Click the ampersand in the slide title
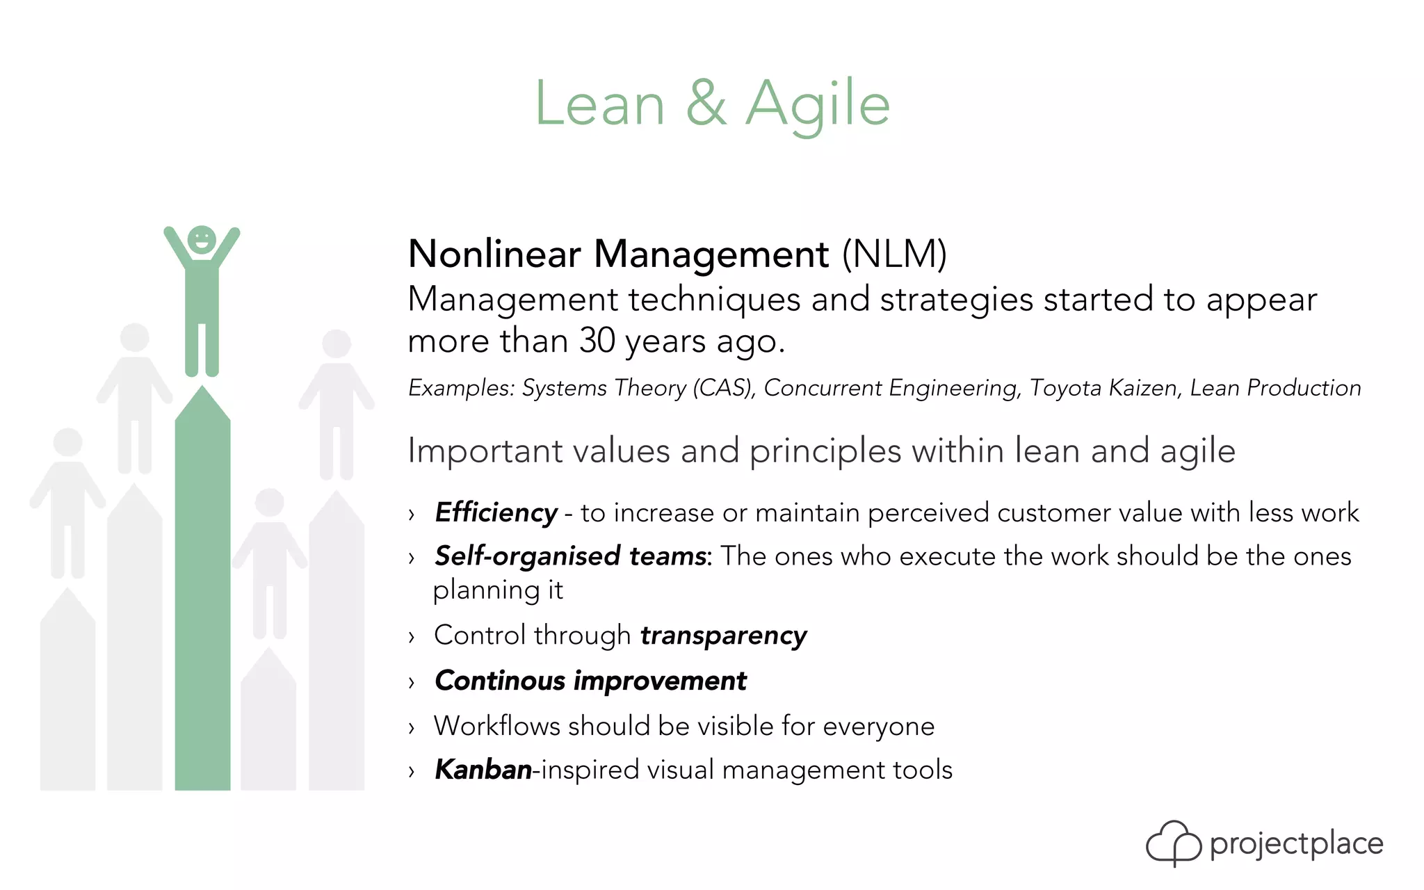point(706,104)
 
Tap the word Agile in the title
point(818,104)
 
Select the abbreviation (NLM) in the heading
point(894,254)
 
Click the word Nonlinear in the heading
point(494,254)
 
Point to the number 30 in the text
point(597,341)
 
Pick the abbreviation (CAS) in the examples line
point(723,388)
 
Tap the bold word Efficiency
point(496,513)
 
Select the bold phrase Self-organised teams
point(570,556)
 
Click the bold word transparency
point(723,636)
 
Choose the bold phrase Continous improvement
point(590,681)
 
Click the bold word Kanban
point(483,770)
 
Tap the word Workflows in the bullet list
point(496,726)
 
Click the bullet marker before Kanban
point(412,771)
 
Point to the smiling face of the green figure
point(202,240)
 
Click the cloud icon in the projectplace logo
point(1173,843)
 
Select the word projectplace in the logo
point(1296,844)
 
